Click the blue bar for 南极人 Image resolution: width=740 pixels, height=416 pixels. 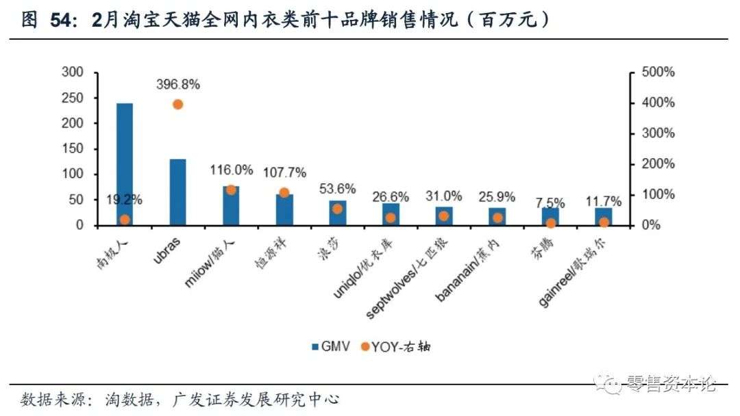124,164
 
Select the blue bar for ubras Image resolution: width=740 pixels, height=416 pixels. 177,192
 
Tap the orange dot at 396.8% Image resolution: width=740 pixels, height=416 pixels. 177,104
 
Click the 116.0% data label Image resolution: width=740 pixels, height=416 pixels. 230,169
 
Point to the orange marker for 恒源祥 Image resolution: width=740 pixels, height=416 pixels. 284,192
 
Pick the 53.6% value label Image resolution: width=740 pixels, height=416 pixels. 337,188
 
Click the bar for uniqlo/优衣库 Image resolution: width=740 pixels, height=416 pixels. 391,214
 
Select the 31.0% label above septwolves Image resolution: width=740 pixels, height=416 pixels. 443,196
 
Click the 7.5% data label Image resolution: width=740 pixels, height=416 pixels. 550,203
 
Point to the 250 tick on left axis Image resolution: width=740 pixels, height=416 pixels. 73,98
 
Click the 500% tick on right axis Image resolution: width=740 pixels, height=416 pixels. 658,72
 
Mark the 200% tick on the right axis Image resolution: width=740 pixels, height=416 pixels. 658,164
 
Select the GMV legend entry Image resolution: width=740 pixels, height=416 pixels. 331,346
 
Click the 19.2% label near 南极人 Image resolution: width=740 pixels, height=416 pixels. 124,200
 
